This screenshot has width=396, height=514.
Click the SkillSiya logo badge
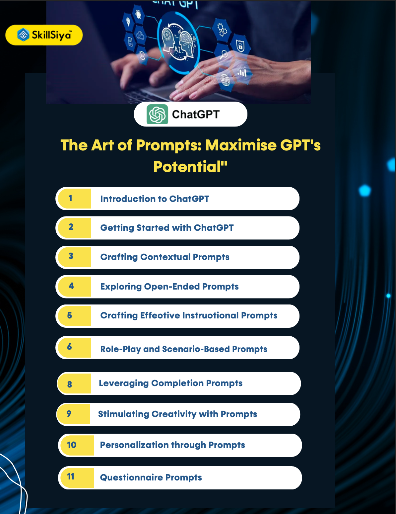[x=44, y=35]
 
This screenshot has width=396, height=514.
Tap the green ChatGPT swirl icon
[x=157, y=114]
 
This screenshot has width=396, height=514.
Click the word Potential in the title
[x=187, y=167]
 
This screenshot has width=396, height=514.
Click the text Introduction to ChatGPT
[x=155, y=199]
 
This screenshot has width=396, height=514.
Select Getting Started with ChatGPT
[x=167, y=228]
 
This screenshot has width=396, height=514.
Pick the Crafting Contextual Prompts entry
[x=165, y=257]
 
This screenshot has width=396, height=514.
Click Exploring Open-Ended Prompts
[x=169, y=287]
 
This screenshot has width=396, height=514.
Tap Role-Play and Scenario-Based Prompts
[x=184, y=349]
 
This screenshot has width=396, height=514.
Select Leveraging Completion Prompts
[x=170, y=383]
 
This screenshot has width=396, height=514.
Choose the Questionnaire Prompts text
[x=151, y=477]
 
